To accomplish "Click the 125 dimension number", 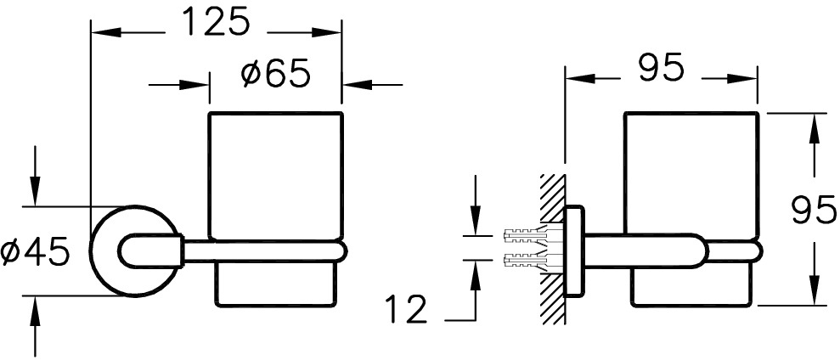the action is coord(216,22).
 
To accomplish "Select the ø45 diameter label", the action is coord(36,252).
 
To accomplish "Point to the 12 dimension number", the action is coord(405,309).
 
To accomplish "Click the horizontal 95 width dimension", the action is coord(661,67).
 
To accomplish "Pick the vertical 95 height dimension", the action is coord(814,210).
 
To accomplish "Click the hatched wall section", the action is coord(552,249).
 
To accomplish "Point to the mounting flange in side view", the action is coord(574,251).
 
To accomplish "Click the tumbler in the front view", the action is coord(275,209).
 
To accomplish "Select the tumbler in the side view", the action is coord(691,209).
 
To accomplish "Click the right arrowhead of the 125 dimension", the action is coord(327,32).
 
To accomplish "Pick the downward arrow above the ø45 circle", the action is coord(35,176).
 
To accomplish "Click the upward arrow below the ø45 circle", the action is coord(35,327).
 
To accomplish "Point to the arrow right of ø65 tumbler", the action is coord(372,85).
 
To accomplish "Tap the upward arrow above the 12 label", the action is coord(475,290).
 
